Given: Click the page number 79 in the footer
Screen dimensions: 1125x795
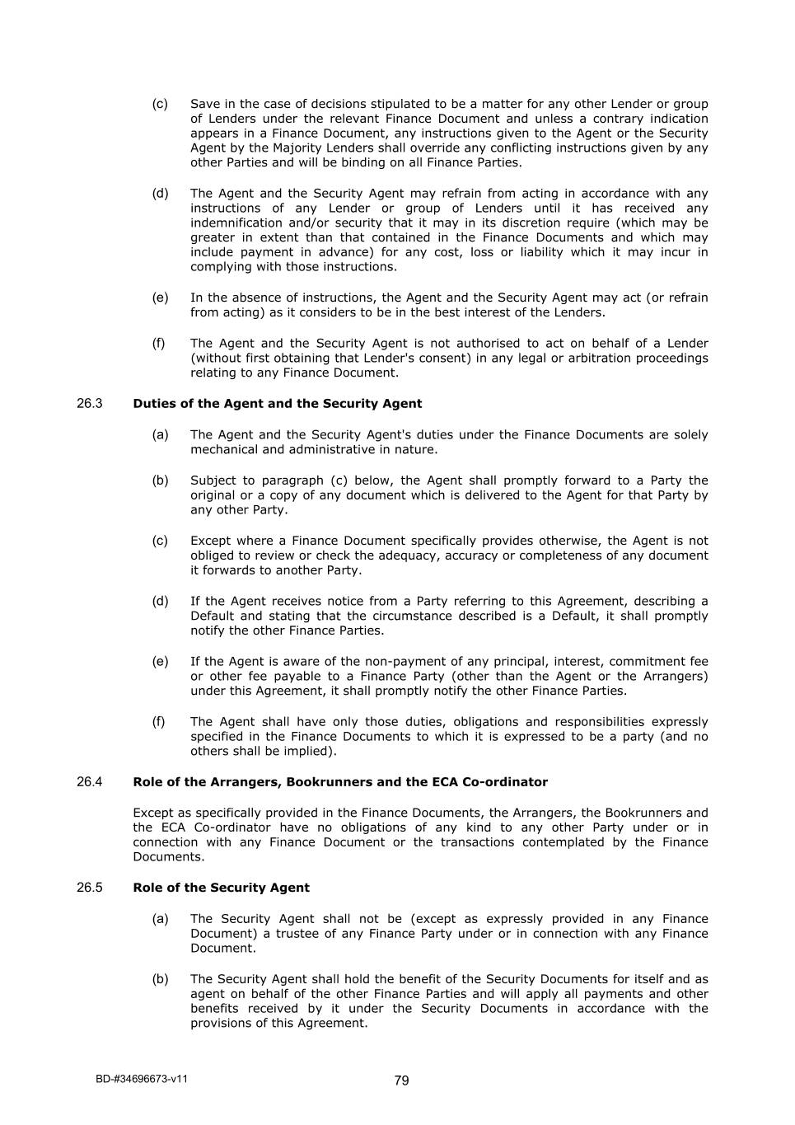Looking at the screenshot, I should coord(401,1080).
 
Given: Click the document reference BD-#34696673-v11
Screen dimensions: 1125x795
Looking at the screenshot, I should coord(141,1079).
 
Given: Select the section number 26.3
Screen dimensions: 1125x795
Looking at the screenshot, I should coord(89,404).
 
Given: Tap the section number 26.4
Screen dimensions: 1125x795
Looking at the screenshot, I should coord(89,782).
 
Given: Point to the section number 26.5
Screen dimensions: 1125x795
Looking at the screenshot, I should coord(89,888).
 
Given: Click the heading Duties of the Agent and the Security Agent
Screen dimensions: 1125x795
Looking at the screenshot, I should coord(277,404).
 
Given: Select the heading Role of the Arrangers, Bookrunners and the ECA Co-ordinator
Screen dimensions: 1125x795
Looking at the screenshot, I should coord(339,782).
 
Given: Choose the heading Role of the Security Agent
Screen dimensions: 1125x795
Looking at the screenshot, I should coord(221,888).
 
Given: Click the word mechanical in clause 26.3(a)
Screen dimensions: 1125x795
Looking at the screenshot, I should coord(223,450).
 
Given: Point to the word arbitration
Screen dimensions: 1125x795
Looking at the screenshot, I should coord(596,358).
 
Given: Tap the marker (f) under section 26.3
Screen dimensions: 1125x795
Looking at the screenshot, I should coord(159,722).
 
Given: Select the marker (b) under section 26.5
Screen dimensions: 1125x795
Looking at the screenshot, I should coord(160,979).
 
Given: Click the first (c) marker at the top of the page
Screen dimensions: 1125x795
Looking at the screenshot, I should coord(160,104).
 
